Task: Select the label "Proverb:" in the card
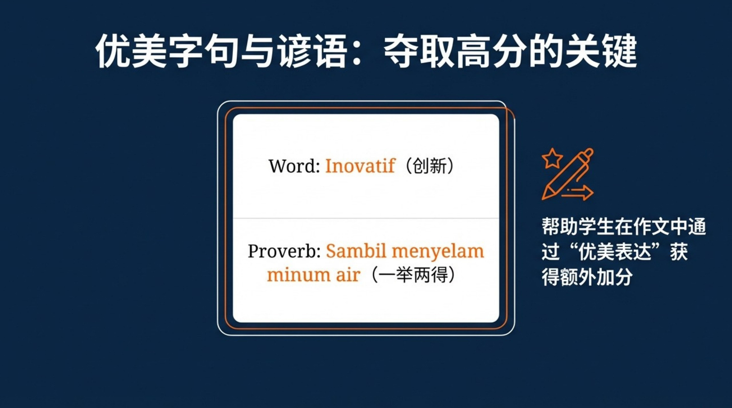coord(284,251)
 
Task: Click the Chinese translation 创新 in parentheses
coord(429,166)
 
